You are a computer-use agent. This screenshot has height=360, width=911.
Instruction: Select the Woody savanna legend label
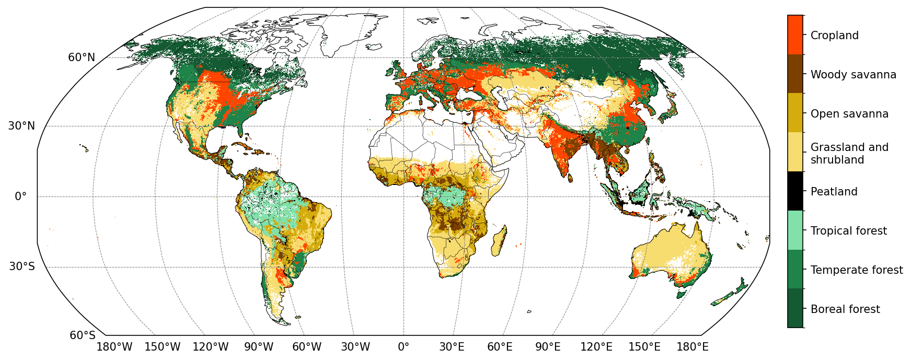click(853, 75)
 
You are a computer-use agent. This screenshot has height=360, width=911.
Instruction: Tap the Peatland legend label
click(834, 192)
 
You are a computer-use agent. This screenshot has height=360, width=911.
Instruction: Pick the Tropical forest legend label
click(848, 231)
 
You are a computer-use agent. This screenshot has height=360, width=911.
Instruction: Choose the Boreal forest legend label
click(845, 309)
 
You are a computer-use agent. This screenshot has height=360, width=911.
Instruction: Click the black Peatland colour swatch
click(795, 191)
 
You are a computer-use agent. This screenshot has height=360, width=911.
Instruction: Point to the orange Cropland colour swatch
click(795, 35)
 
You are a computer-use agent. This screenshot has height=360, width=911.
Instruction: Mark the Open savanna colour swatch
click(795, 113)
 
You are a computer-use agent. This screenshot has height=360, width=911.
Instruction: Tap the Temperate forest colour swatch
click(795, 270)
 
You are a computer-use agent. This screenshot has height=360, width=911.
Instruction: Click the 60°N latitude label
click(82, 57)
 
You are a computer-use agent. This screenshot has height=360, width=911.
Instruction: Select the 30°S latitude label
click(22, 267)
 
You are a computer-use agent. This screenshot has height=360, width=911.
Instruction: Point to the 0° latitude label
click(20, 197)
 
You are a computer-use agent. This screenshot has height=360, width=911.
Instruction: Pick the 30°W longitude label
click(355, 347)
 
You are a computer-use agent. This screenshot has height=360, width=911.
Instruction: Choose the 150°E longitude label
click(644, 347)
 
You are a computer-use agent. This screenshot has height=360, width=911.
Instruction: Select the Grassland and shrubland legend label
click(849, 154)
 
